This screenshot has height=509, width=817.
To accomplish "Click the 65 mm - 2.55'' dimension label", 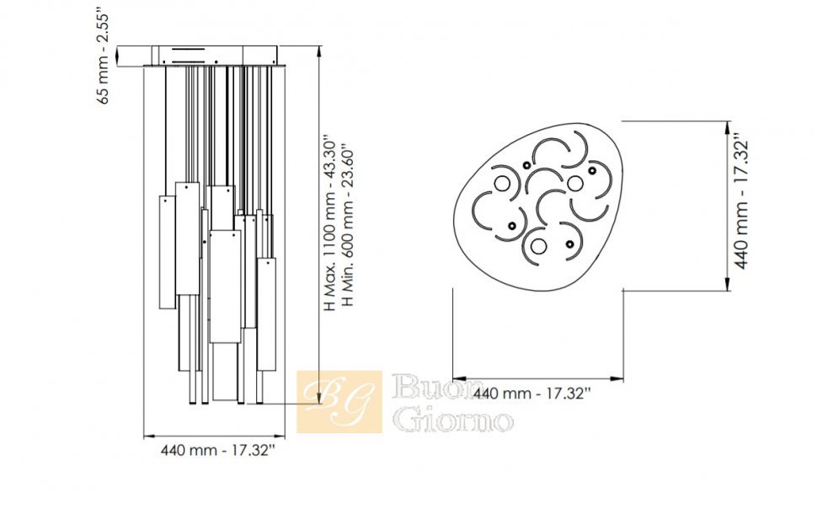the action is pos(104,56).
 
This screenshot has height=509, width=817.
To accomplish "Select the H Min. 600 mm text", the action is pos(348,227).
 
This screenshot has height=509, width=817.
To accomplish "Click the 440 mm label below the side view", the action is pos(216,450).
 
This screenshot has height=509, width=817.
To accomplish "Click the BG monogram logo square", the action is pos(339,402).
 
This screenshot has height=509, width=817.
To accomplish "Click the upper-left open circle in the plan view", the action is pos(503,184).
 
